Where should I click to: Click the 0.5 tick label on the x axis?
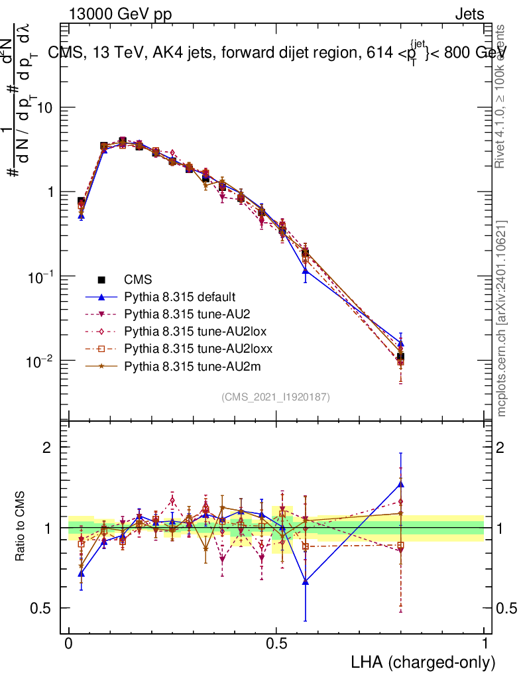276,644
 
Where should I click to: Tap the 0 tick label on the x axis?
69,644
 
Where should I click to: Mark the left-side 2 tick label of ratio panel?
47,447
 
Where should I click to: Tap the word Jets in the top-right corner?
469,15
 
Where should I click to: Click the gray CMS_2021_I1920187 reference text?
276,397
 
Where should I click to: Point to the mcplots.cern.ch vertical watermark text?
502,318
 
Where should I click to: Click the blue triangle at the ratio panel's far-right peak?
400,484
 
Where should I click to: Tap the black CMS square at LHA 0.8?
400,357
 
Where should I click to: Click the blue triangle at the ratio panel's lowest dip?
306,582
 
